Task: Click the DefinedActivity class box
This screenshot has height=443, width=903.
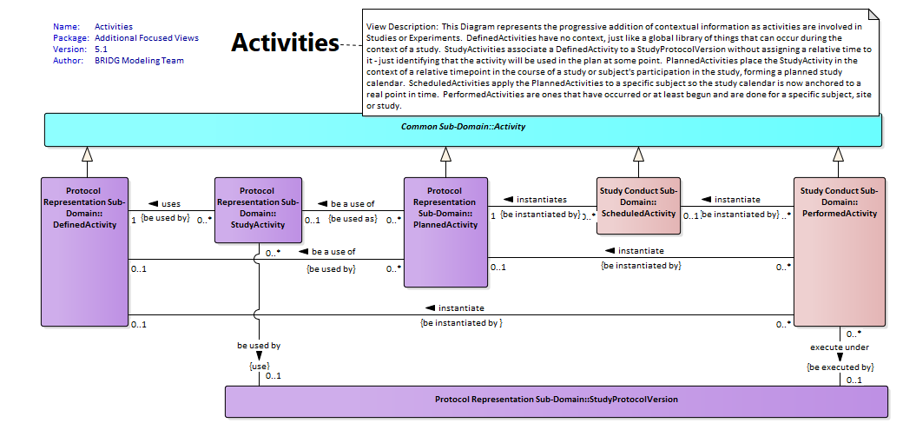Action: point(85,252)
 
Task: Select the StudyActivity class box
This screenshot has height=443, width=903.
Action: point(258,209)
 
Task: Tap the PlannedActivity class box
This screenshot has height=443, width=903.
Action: point(445,232)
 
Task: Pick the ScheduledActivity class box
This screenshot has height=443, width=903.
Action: point(638,206)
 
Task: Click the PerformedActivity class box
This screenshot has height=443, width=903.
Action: point(839,252)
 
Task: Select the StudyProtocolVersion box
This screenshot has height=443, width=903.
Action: point(557,401)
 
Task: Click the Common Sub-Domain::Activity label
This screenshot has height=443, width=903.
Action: point(463,127)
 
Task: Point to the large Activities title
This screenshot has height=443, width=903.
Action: point(285,43)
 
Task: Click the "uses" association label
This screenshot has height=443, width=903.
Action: point(170,203)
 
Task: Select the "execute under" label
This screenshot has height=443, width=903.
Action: point(840,347)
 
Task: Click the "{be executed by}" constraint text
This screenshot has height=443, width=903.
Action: point(840,367)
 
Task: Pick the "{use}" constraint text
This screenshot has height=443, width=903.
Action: point(259,367)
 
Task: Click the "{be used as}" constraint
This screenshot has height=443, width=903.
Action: point(353,219)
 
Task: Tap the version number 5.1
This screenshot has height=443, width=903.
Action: point(101,49)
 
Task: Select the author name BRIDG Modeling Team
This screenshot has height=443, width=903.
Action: point(140,61)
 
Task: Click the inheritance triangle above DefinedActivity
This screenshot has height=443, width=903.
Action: point(87,154)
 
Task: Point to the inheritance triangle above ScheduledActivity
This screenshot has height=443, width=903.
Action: point(638,154)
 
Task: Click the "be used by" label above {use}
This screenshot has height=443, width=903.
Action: point(259,346)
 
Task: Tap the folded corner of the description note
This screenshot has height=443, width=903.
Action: point(873,15)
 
